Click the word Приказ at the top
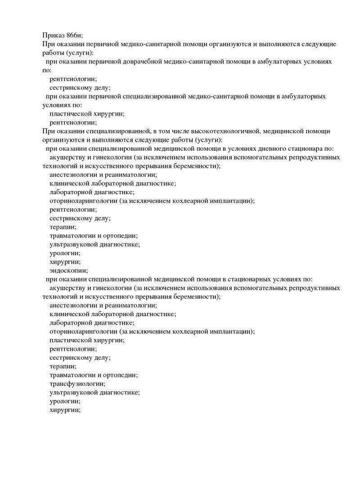coord(54,35)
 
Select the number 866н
coord(75,35)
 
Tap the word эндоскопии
coord(68,270)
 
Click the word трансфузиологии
coord(77,384)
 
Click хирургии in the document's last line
coord(65,410)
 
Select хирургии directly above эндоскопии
coord(65,261)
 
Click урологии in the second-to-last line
coord(65,401)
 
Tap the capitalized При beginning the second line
coord(48,44)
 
